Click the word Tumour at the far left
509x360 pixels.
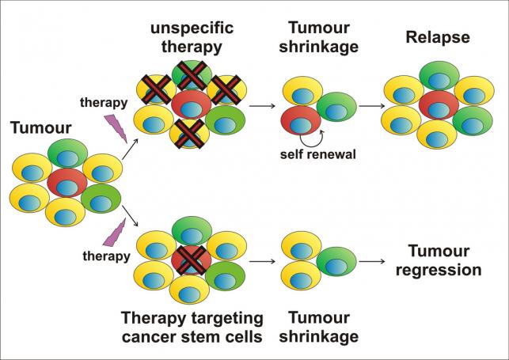41,128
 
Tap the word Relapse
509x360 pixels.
438,38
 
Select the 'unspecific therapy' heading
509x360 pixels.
192,37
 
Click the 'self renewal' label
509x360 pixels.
318,154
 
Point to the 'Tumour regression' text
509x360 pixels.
439,260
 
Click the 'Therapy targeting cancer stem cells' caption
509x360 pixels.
192,328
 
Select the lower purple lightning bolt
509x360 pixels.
114,232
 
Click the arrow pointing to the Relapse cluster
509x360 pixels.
372,106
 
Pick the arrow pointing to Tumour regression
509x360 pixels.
372,261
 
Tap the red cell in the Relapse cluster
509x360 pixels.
439,105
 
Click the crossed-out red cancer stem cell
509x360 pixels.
192,260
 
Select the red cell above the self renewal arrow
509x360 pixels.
301,120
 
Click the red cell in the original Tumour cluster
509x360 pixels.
66,183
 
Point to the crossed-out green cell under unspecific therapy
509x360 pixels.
192,75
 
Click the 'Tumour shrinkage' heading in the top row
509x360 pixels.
319,37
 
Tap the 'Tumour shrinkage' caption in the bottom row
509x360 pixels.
319,328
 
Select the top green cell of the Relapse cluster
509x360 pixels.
439,76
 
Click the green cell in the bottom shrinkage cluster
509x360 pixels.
336,261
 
